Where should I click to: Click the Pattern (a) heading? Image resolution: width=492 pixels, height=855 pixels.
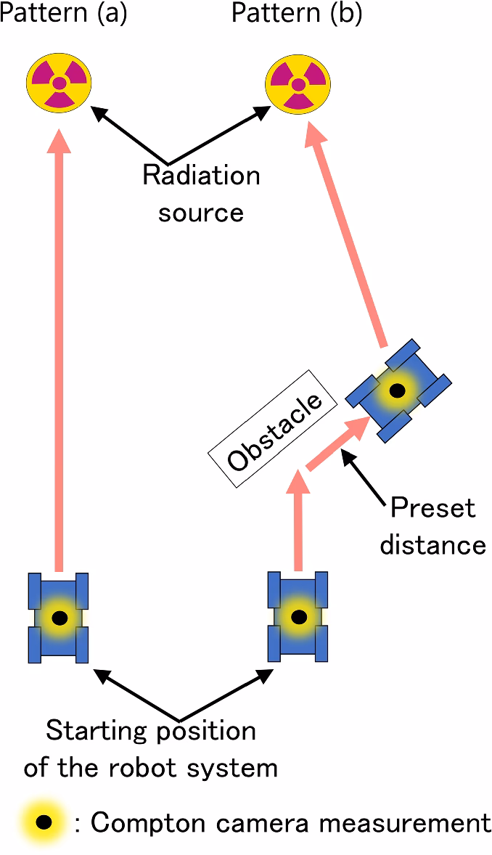click(63, 13)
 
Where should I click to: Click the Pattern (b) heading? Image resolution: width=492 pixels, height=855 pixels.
click(297, 13)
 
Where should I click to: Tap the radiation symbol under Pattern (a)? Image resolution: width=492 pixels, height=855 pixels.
click(59, 83)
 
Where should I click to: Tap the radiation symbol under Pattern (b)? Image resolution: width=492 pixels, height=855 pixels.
click(298, 84)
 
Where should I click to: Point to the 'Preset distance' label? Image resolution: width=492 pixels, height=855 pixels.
click(432, 525)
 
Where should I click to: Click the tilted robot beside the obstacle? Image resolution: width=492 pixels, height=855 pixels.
click(398, 390)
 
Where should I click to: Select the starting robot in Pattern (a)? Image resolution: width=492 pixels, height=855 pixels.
click(60, 618)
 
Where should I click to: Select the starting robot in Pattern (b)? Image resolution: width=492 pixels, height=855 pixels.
click(298, 617)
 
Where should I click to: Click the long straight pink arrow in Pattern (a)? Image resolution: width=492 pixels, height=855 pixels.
click(60, 348)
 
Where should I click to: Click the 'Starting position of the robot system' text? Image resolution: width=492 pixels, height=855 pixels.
click(151, 748)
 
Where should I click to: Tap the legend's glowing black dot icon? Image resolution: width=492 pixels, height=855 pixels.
click(44, 822)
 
